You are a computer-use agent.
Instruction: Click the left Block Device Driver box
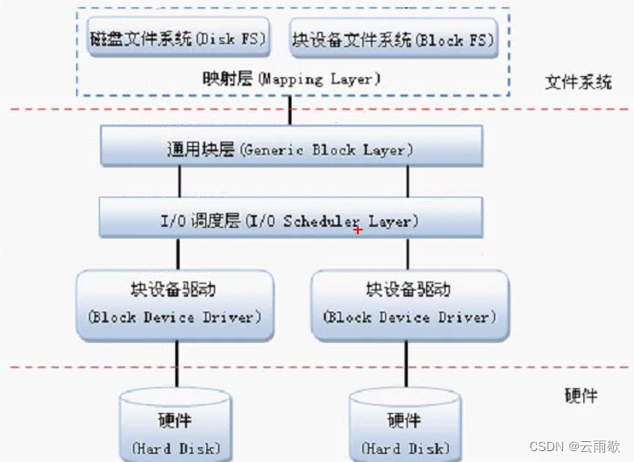coord(174,304)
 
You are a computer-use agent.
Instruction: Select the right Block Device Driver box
coord(406,304)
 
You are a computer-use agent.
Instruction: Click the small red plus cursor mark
coord(358,230)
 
